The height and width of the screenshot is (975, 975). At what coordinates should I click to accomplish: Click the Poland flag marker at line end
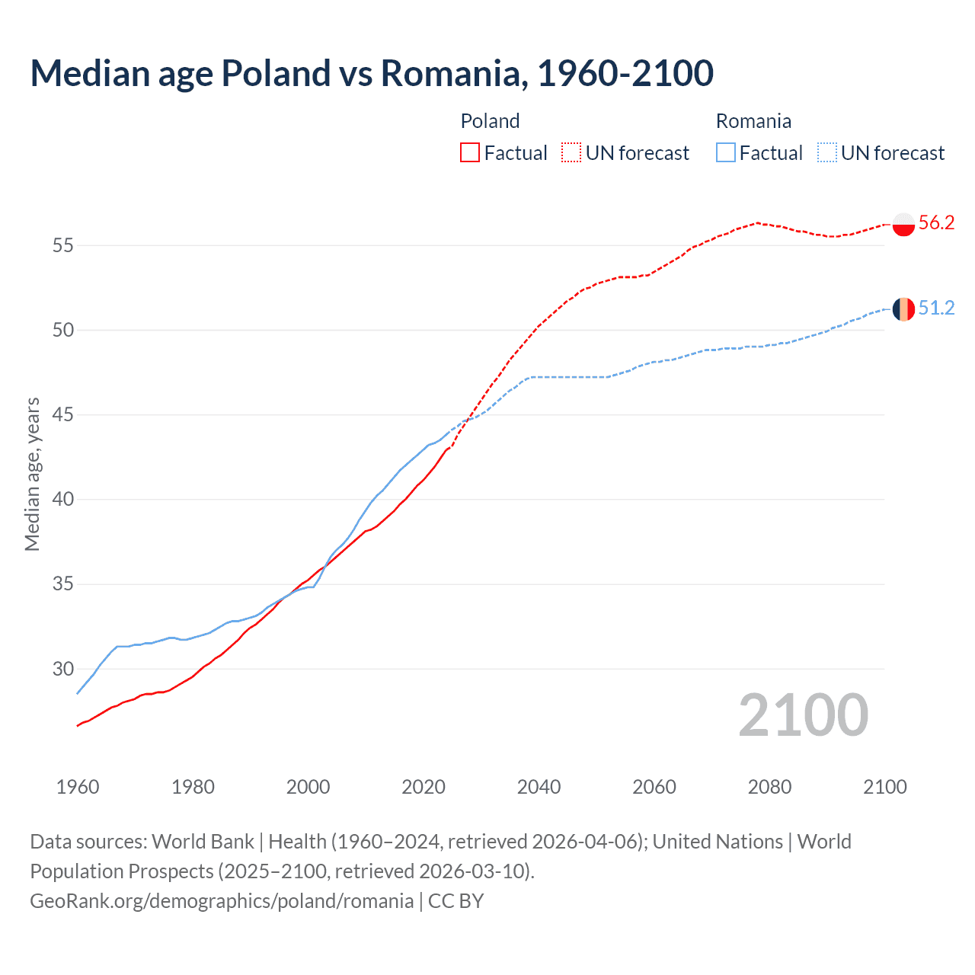pos(903,225)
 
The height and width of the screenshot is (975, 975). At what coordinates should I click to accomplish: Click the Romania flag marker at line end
pos(903,309)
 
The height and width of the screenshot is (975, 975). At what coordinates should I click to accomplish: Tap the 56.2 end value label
pos(936,222)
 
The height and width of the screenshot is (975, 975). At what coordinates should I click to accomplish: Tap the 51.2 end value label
pos(936,308)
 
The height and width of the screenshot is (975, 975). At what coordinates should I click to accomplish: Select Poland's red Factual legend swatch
pos(470,152)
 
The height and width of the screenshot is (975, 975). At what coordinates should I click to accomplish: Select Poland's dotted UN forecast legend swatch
pos(571,152)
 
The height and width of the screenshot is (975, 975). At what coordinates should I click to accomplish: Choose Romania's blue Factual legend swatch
pos(726,152)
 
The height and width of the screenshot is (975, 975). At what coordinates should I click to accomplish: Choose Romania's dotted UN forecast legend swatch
pos(827,152)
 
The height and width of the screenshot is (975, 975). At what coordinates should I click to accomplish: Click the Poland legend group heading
pos(490,121)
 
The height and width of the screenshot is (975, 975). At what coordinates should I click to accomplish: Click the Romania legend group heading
pos(753,121)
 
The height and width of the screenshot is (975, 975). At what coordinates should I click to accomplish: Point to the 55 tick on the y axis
pos(63,245)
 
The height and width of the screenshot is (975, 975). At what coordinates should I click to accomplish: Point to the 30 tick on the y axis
pos(63,669)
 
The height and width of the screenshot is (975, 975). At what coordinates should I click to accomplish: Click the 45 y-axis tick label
pos(63,415)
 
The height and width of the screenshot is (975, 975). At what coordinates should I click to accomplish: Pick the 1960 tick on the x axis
pos(78,787)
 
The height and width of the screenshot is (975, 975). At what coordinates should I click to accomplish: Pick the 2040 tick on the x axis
pos(539,787)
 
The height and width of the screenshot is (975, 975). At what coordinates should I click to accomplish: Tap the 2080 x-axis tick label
pos(769,787)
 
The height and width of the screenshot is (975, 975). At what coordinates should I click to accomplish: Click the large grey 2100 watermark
pos(803,714)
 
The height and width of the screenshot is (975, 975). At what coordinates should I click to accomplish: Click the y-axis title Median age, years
pos(32,474)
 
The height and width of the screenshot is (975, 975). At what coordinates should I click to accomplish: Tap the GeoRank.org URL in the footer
pos(222,901)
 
